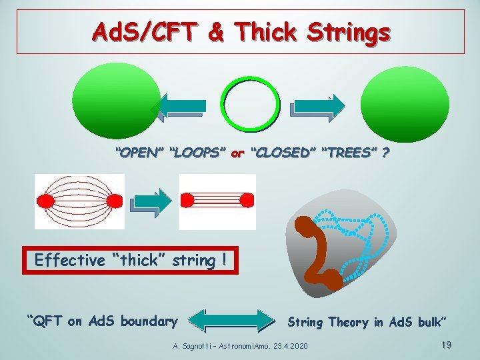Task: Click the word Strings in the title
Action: point(341,31)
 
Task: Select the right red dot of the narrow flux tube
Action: point(246,200)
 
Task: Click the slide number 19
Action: point(446,345)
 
